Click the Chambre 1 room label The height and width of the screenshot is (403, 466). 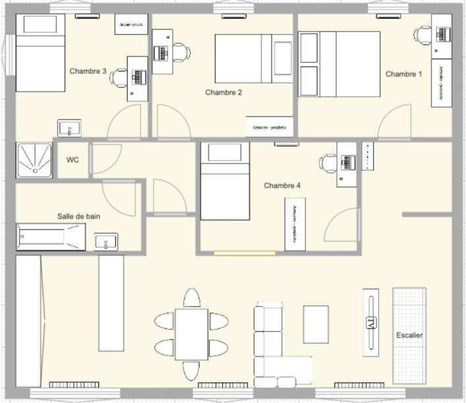pyautogui.click(x=403, y=75)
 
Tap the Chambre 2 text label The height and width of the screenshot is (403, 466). pyautogui.click(x=223, y=93)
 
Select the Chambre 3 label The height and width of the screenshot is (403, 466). pyautogui.click(x=88, y=71)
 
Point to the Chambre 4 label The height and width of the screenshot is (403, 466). pyautogui.click(x=282, y=186)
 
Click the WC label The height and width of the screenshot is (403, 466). pyautogui.click(x=73, y=160)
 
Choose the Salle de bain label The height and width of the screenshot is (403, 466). pyautogui.click(x=78, y=216)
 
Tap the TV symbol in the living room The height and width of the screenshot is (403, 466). pyautogui.click(x=371, y=323)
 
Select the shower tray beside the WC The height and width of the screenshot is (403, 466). pyautogui.click(x=34, y=160)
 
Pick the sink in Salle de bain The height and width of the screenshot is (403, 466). pyautogui.click(x=106, y=242)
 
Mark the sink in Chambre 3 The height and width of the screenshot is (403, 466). pyautogui.click(x=69, y=128)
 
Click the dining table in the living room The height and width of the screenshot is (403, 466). pyautogui.click(x=191, y=334)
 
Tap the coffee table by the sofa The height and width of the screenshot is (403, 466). pyautogui.click(x=316, y=324)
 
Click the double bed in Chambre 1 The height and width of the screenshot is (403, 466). pyautogui.click(x=340, y=64)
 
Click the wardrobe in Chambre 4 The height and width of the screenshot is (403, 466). pyautogui.click(x=295, y=224)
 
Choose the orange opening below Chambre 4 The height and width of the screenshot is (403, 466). pyautogui.click(x=245, y=253)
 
